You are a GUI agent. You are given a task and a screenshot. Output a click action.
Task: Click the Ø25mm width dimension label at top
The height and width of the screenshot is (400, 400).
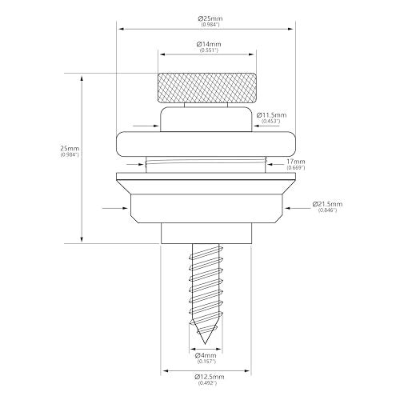pos(210,18)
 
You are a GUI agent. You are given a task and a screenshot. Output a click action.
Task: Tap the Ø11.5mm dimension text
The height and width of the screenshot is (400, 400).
pos(271,115)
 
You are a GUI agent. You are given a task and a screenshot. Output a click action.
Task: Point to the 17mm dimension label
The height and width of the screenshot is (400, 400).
pos(296,162)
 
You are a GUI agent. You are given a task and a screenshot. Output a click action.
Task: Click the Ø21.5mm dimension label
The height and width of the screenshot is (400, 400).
pos(327,204)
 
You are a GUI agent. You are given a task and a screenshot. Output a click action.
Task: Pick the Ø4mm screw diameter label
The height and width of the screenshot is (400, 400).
pos(206,355)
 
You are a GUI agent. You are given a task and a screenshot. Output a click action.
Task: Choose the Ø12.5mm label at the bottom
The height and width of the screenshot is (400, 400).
pos(210,377)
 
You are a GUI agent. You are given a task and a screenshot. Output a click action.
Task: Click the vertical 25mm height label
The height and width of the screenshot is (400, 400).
pos(70,148)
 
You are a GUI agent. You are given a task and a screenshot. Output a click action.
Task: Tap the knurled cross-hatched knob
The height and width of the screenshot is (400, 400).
pos(207,88)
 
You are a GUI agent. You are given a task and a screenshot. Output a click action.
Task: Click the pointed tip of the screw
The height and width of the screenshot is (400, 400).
pos(205,344)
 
